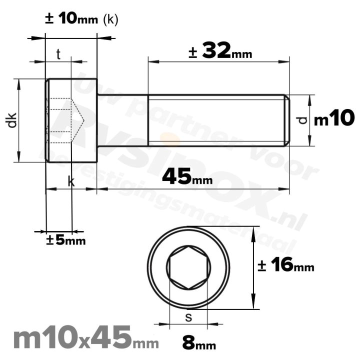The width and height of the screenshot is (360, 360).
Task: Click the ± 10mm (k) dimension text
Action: (81, 19)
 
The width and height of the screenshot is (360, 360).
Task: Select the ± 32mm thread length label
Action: (220, 51)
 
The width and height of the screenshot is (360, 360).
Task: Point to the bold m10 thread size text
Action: (334, 119)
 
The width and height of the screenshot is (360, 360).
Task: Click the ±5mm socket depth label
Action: (65, 240)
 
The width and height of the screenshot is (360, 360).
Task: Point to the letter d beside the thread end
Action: (300, 120)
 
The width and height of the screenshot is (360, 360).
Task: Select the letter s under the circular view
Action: (188, 316)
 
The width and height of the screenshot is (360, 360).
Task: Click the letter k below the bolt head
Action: (71, 182)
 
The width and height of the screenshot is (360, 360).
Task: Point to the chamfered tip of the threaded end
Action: (287, 120)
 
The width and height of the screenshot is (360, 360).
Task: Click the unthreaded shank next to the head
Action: (122, 120)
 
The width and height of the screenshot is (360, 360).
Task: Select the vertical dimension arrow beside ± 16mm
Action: (254, 268)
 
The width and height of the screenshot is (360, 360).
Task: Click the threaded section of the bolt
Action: (215, 120)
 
